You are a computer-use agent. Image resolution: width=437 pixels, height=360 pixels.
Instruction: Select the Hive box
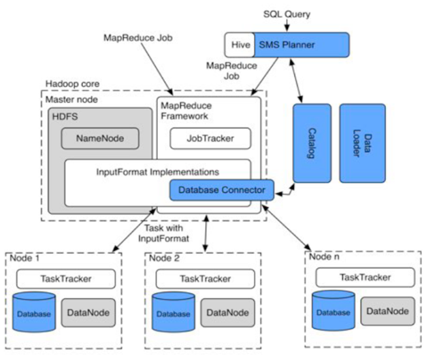click(239, 46)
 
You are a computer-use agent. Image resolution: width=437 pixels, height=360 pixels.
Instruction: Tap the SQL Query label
click(287, 14)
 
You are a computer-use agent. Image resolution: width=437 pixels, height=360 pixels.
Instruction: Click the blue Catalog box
click(312, 143)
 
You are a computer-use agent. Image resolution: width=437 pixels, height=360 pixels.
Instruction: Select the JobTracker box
click(210, 138)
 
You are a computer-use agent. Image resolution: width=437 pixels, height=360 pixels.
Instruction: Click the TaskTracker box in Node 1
click(63, 278)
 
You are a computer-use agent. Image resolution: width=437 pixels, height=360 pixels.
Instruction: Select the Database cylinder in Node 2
click(171, 312)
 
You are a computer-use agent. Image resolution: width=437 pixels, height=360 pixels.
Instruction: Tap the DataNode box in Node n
click(387, 310)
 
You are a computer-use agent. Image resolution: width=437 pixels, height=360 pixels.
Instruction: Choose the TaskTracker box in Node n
click(364, 277)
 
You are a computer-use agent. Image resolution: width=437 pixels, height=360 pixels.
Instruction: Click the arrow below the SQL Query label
click(286, 27)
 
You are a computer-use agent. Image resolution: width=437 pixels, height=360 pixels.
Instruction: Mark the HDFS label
click(67, 117)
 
